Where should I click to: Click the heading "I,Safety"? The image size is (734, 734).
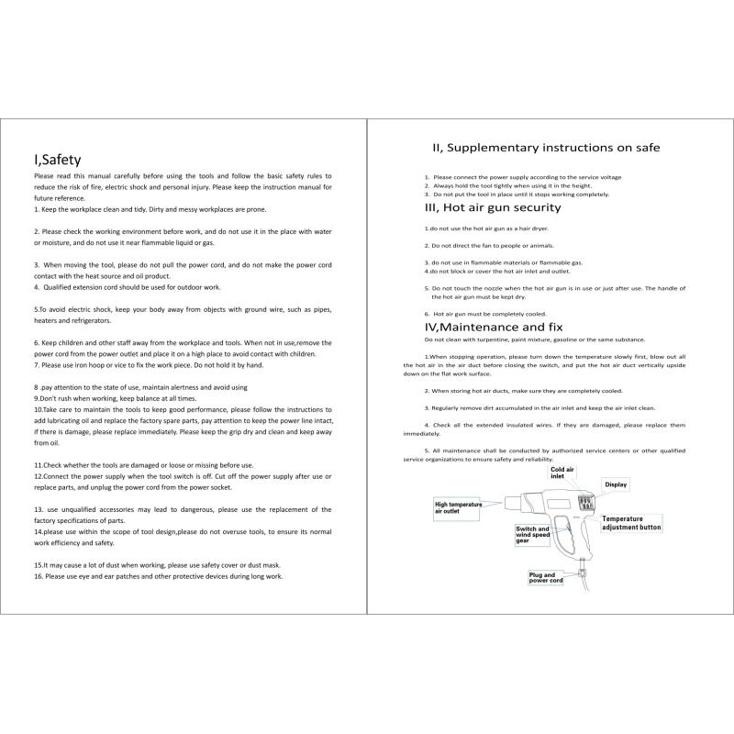[58, 160]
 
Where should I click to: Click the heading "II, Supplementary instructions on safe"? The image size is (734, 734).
[546, 148]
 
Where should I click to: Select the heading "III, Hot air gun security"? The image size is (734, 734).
[492, 208]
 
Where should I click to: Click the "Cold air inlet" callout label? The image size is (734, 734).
[562, 473]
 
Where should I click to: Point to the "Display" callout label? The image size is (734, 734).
[615, 484]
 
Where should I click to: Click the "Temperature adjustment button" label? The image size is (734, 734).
[631, 523]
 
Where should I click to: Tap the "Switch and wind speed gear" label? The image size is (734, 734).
[533, 535]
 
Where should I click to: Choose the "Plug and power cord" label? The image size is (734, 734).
[546, 577]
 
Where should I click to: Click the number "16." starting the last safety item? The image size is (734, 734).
[39, 577]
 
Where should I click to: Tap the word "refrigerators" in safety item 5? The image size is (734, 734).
[85, 321]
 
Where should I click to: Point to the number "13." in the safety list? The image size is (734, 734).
[39, 509]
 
